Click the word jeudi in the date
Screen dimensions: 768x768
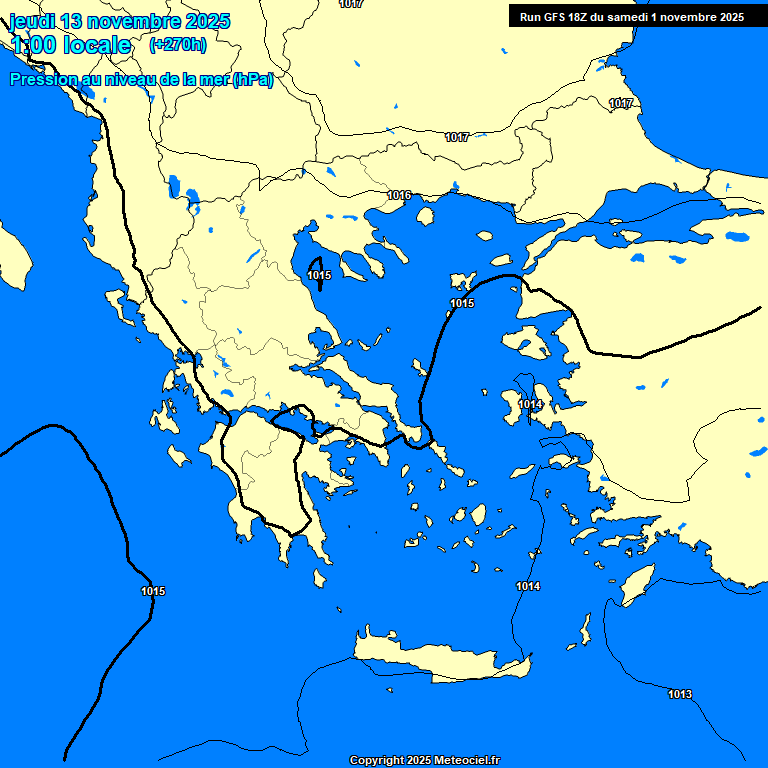click(x=31, y=21)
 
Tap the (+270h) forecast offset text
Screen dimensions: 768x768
click(x=177, y=44)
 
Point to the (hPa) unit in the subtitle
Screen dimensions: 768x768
click(x=252, y=80)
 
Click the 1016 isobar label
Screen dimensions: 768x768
click(x=399, y=195)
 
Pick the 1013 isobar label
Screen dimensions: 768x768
click(x=680, y=694)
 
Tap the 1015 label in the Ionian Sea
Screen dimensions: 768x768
click(x=153, y=591)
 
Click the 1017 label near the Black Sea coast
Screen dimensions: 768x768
click(x=621, y=104)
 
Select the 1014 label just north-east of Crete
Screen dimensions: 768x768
click(x=528, y=586)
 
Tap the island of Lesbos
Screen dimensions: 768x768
click(x=529, y=342)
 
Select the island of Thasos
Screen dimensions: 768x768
click(x=425, y=215)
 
